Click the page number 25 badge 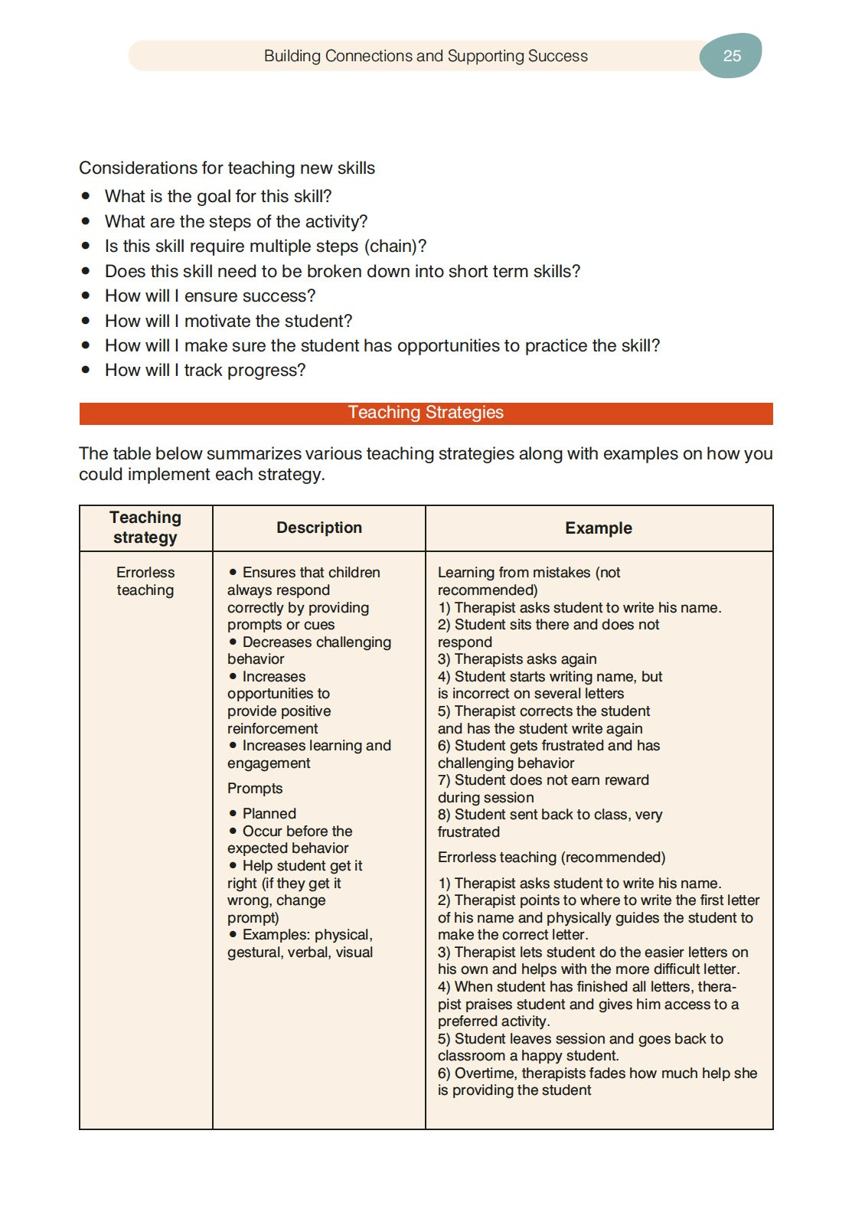(x=731, y=56)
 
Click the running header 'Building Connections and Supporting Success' (x=426, y=56)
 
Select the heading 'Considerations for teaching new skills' (x=227, y=168)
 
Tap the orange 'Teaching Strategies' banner (x=426, y=413)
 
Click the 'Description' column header (x=318, y=528)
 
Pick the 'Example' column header (x=598, y=528)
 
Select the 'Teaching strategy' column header (x=145, y=528)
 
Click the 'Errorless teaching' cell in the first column (x=145, y=581)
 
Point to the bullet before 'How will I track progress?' (x=87, y=370)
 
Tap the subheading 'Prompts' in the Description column (x=255, y=789)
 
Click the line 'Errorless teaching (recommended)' (x=551, y=858)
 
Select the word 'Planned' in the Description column (x=269, y=814)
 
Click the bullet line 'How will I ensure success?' (x=210, y=296)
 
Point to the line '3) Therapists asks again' (x=517, y=659)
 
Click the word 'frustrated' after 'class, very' (x=468, y=832)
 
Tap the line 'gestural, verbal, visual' (x=300, y=952)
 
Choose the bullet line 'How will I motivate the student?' (x=228, y=321)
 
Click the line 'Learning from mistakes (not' (x=529, y=573)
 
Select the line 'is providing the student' (x=514, y=1090)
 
